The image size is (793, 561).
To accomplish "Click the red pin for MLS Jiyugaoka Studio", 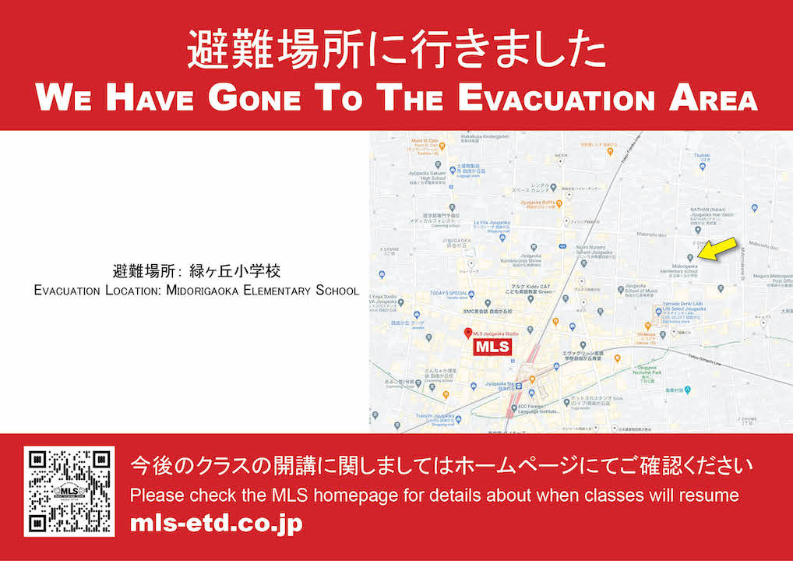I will pos(467,333).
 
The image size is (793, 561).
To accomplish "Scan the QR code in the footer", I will pos(69,491).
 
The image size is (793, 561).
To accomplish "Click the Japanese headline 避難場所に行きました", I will pos(396,51).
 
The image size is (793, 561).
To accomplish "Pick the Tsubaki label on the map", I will pos(702,155).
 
